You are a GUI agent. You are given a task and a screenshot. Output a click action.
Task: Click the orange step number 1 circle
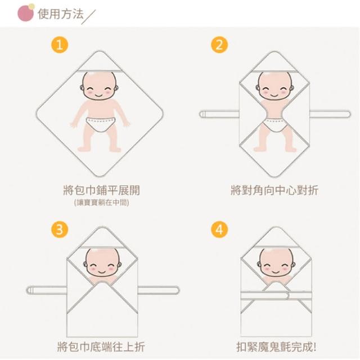click(60, 44)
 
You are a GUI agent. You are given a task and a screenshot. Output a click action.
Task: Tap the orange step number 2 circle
click(219, 44)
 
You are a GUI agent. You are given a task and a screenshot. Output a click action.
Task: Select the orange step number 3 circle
click(60, 229)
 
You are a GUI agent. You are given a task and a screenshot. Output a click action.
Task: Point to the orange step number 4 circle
click(219, 229)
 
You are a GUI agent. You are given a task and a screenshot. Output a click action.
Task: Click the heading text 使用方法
click(61, 13)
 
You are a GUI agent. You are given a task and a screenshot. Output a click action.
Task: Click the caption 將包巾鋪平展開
click(101, 190)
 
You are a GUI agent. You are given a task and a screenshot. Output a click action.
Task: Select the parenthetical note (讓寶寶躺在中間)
click(101, 202)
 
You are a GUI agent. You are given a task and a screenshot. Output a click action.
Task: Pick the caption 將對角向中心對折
click(274, 190)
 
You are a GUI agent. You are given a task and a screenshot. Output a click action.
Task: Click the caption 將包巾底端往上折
click(101, 346)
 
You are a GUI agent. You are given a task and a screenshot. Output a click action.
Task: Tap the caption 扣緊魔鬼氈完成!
click(276, 346)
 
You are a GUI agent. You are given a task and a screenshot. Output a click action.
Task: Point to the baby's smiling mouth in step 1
click(99, 95)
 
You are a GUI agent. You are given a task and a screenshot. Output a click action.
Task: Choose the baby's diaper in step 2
click(275, 125)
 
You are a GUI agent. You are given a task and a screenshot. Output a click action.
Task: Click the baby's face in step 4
click(276, 263)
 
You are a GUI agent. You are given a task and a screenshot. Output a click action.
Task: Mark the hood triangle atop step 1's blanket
click(100, 61)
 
